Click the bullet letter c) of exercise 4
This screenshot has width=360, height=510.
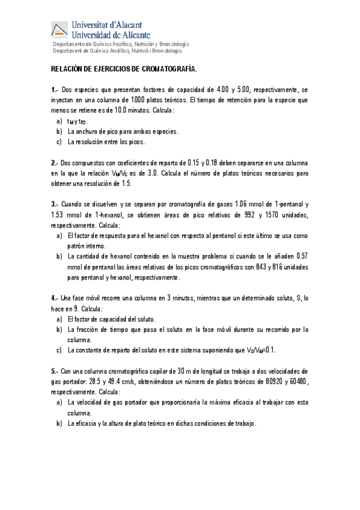[59, 350]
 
